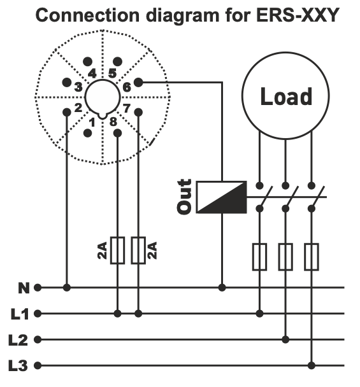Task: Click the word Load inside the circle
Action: click(x=285, y=97)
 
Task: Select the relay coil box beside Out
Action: click(x=220, y=197)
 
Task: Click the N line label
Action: click(x=24, y=288)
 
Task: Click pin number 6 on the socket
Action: click(x=126, y=87)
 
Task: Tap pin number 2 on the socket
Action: click(x=78, y=108)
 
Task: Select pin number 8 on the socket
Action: click(x=113, y=122)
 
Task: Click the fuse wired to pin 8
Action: click(x=118, y=250)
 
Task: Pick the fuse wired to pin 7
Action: click(x=138, y=250)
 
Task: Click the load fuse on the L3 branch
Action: click(x=312, y=257)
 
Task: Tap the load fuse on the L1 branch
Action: click(x=259, y=257)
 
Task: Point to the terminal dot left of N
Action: click(x=38, y=288)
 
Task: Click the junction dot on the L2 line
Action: click(x=286, y=339)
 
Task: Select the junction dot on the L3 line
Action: click(x=312, y=365)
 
